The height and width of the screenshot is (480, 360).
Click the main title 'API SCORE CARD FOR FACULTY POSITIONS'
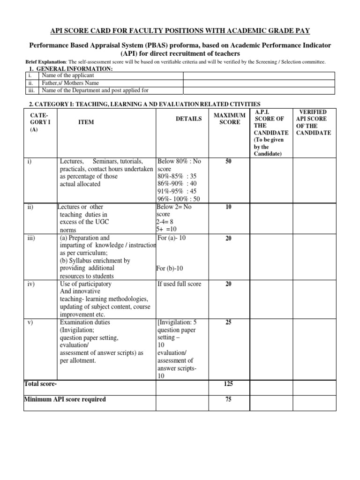pyautogui.click(x=180, y=30)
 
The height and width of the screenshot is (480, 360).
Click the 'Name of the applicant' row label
pyautogui.click(x=68, y=75)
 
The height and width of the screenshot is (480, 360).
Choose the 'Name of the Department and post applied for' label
pyautogui.click(x=95, y=90)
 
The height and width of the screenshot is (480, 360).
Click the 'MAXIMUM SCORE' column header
pyautogui.click(x=230, y=119)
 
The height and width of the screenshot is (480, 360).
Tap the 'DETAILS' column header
pyautogui.click(x=189, y=119)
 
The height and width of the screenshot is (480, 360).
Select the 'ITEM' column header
pyautogui.click(x=86, y=122)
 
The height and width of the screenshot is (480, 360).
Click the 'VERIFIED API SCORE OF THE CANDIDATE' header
pyautogui.click(x=312, y=122)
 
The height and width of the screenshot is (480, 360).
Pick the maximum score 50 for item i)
pyautogui.click(x=229, y=161)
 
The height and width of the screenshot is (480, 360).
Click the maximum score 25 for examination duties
pyautogui.click(x=229, y=322)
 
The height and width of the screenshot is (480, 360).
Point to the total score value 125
pyautogui.click(x=229, y=384)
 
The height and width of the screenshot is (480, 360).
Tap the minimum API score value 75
pyautogui.click(x=229, y=399)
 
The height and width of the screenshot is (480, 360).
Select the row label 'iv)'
pyautogui.click(x=31, y=284)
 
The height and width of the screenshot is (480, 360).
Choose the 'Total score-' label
pyautogui.click(x=40, y=384)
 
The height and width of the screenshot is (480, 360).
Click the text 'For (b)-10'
pyautogui.click(x=172, y=269)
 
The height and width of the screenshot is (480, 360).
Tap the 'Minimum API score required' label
pyautogui.click(x=65, y=399)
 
